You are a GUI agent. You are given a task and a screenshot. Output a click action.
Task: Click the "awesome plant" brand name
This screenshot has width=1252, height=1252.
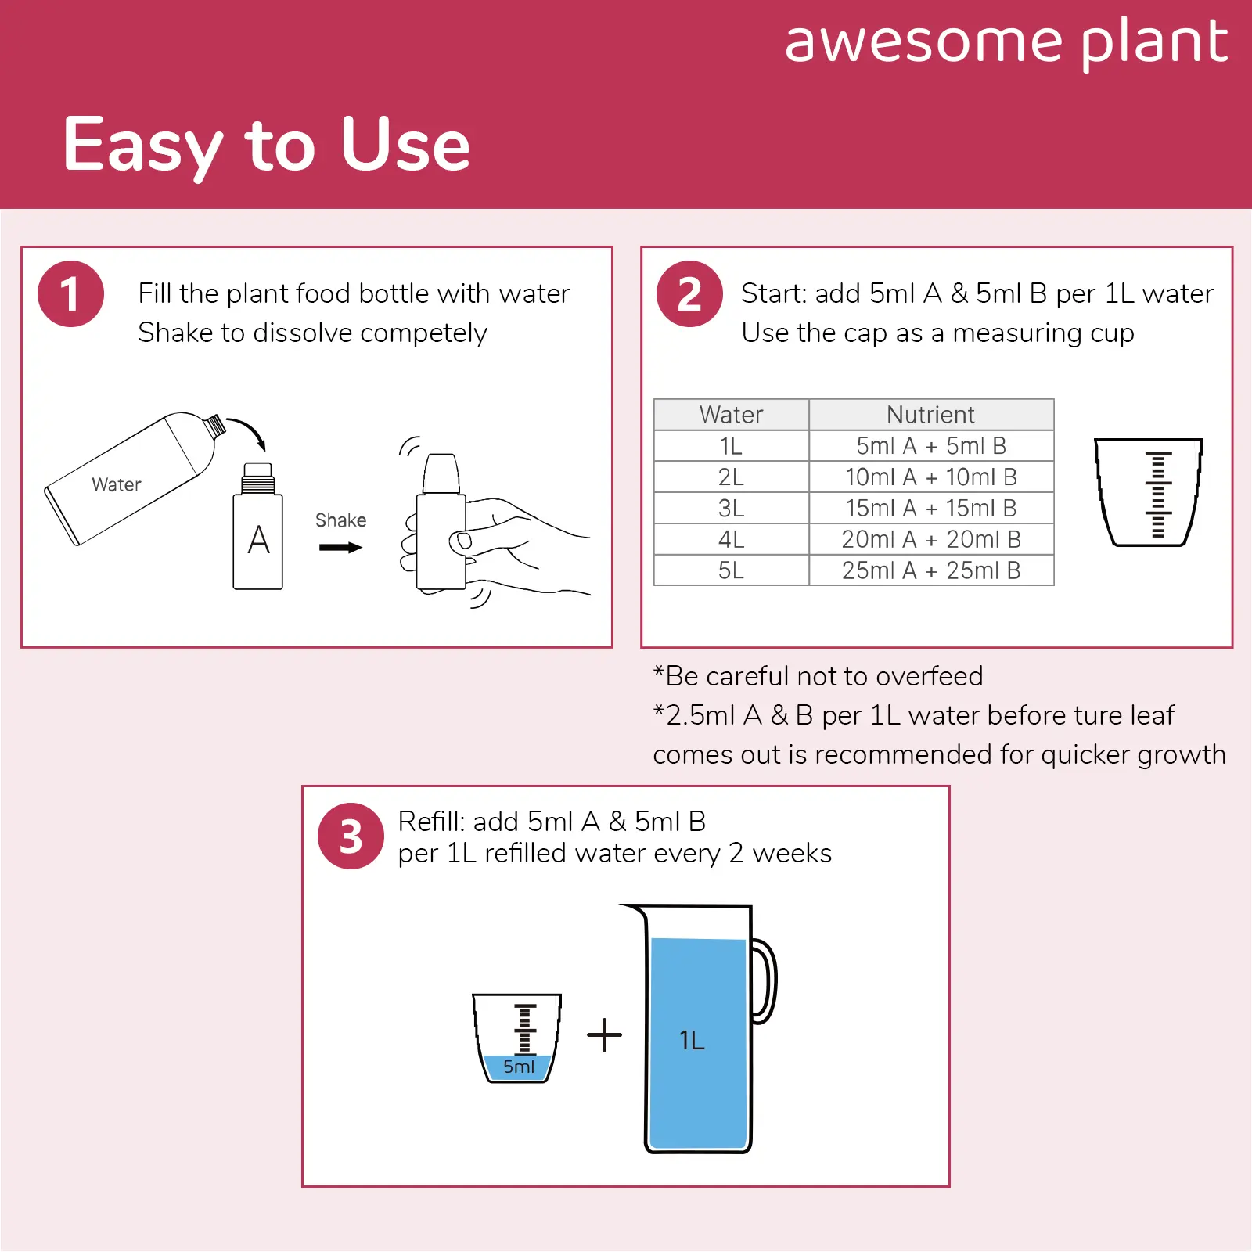[1006, 42]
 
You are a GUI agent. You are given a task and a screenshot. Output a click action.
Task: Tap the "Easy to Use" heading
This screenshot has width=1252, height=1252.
[267, 146]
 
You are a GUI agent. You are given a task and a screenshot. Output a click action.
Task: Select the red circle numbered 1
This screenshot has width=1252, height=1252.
[70, 293]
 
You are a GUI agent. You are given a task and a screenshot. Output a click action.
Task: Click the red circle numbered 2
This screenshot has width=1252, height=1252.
[689, 293]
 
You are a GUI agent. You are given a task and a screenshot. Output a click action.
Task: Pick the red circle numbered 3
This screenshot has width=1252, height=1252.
[351, 836]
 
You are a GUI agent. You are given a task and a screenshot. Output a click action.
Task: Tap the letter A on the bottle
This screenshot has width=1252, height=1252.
[258, 540]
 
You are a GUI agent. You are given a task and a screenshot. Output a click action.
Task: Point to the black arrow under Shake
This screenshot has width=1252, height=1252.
[340, 548]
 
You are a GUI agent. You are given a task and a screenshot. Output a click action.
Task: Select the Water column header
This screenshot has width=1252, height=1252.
[731, 415]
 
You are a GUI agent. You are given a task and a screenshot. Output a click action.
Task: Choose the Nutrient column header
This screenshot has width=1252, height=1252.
[931, 415]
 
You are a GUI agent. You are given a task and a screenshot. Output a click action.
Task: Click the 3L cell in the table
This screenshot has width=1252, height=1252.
[731, 509]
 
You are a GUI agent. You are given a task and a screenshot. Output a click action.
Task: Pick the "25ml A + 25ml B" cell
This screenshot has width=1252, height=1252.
[931, 570]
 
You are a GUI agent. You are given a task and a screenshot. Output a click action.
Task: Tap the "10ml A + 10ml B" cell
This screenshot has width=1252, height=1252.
[931, 477]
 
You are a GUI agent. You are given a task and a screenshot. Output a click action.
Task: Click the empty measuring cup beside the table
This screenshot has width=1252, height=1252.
[1148, 492]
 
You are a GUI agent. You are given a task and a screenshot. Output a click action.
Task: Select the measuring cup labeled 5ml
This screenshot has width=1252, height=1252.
[517, 1038]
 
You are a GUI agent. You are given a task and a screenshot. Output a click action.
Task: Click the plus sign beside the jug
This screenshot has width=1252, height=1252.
[605, 1035]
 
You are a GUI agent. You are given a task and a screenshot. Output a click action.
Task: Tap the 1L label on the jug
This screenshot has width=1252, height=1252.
[692, 1041]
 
